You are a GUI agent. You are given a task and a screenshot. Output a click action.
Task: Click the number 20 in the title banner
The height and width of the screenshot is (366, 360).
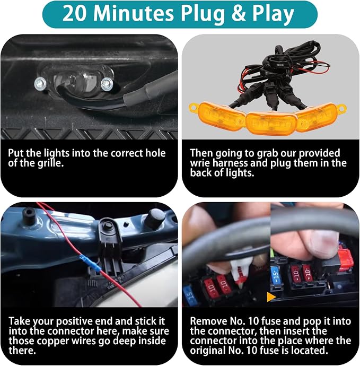(x=75, y=14)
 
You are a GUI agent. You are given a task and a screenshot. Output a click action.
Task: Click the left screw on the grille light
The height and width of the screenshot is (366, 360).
(x=40, y=84)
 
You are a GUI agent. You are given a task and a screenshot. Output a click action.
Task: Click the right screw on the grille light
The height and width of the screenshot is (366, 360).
(x=107, y=84)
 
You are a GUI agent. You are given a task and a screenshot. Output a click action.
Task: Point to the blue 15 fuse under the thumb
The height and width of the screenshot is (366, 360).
(x=275, y=274)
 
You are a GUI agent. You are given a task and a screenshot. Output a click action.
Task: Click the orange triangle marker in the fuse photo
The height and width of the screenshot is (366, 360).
(x=271, y=297)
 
